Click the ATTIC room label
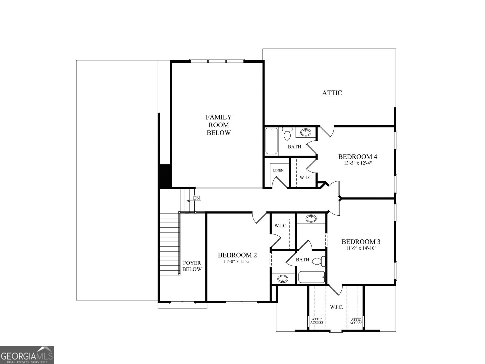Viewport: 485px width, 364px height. [x=332, y=93]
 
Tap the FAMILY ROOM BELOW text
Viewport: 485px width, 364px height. [x=219, y=125]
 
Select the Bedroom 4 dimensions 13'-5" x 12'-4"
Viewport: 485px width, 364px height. [x=358, y=163]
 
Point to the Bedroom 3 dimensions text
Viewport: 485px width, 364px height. [x=361, y=248]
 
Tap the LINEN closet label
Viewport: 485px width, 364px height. [x=278, y=170]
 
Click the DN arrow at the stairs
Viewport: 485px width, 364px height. [x=192, y=201]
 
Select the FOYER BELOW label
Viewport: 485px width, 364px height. [x=192, y=266]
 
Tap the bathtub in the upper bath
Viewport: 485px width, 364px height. [x=271, y=141]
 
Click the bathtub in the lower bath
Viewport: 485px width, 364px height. [x=311, y=277]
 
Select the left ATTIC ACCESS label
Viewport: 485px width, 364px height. [x=316, y=321]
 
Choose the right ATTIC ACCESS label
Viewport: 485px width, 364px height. [x=356, y=321]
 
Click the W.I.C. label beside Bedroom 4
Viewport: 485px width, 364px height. [x=306, y=177]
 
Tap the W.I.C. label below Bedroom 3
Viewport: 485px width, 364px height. [x=336, y=307]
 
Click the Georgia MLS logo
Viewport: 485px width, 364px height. [x=27, y=355]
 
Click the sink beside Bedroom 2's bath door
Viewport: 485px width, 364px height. [x=283, y=279]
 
